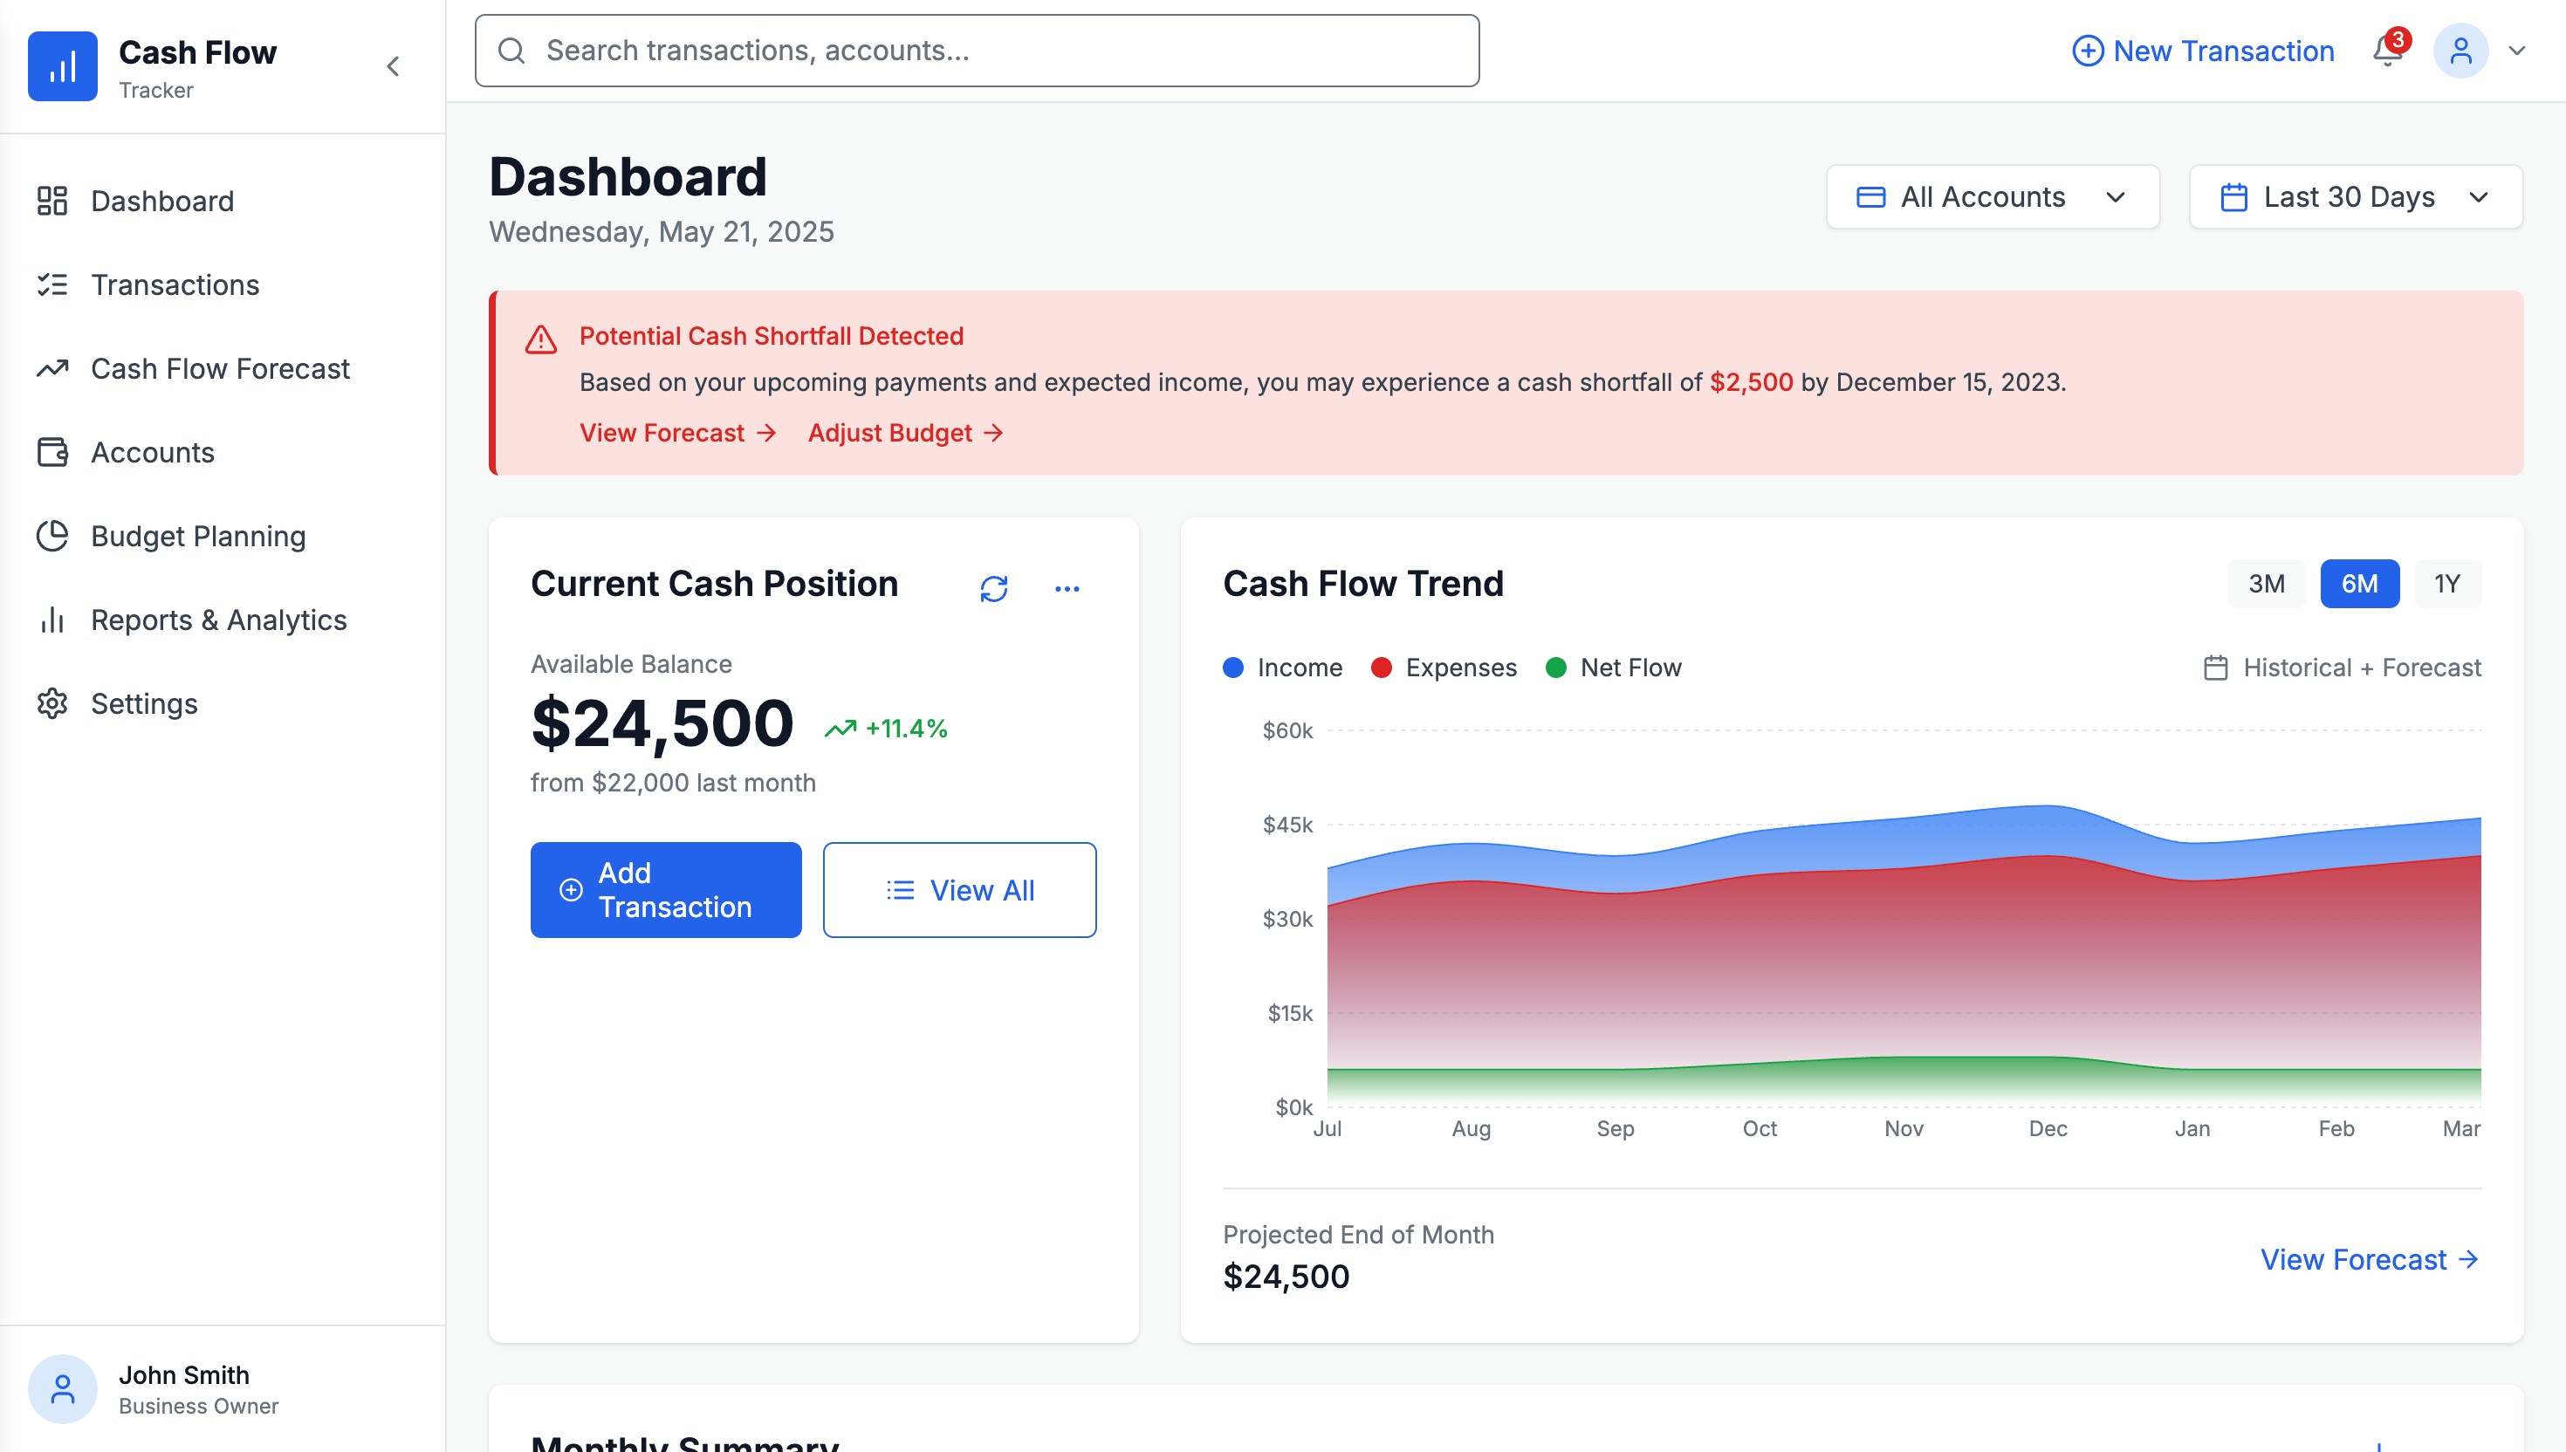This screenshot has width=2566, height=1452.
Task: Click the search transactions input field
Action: click(x=977, y=51)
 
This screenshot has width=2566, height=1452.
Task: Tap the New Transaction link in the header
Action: click(x=2203, y=51)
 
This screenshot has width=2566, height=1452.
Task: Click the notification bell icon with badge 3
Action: click(x=2387, y=50)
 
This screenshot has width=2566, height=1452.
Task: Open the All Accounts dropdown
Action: click(x=1992, y=196)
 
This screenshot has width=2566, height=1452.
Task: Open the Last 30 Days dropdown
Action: click(x=2355, y=196)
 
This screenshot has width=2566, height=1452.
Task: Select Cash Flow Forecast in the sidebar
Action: click(x=219, y=369)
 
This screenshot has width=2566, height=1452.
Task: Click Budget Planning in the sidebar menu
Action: click(x=197, y=537)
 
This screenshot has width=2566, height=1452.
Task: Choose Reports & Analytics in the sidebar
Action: click(x=218, y=620)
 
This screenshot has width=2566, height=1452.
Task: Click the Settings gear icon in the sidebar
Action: click(x=51, y=704)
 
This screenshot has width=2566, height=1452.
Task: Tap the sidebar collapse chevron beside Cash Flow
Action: click(x=393, y=67)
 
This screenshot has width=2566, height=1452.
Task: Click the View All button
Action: click(x=958, y=889)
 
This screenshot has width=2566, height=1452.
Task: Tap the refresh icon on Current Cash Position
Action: click(x=993, y=588)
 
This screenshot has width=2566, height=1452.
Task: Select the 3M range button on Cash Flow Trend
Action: click(x=2265, y=584)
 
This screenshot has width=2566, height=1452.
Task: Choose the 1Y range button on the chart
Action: click(x=2446, y=584)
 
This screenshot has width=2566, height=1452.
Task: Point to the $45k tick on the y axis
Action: click(x=1287, y=825)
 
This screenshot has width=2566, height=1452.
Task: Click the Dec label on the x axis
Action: click(x=2048, y=1128)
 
